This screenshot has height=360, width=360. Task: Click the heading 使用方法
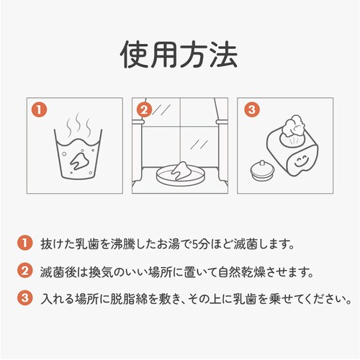179,54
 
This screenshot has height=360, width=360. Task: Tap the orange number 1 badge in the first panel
39,110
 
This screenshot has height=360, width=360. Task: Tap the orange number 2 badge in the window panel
144,110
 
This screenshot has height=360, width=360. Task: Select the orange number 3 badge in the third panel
252,110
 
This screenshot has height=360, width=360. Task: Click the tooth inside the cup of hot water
78,161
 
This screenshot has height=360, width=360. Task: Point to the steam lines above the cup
78,125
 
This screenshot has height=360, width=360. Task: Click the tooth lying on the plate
181,171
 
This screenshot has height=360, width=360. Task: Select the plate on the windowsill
181,176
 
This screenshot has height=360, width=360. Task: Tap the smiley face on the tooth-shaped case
301,162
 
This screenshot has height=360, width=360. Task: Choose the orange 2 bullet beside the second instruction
24,271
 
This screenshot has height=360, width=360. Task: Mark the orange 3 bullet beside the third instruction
24,298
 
